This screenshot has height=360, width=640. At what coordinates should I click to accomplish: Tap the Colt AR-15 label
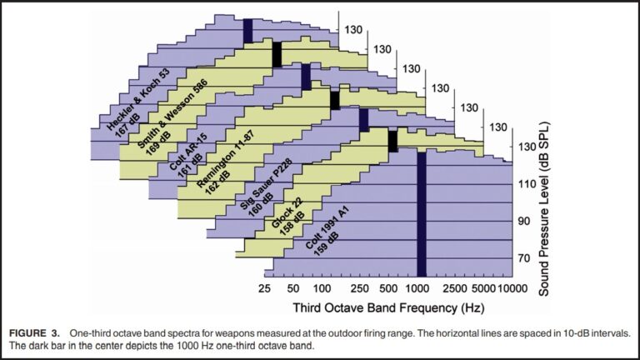click(x=187, y=152)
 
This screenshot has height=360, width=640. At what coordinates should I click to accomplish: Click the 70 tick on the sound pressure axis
click(x=524, y=259)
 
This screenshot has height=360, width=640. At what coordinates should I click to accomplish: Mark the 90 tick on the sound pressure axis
click(x=524, y=221)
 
